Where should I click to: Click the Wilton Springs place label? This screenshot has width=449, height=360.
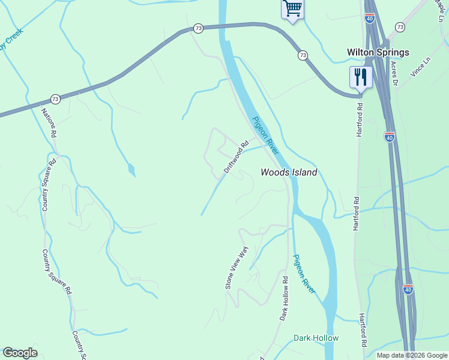coord(378,52)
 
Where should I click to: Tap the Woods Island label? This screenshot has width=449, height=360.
coord(289,172)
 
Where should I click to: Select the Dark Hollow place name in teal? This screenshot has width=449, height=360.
coord(316,338)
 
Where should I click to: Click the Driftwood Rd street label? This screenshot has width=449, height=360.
coord(236,157)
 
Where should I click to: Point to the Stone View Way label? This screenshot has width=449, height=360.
coord(236,268)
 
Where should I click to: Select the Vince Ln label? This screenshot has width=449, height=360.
coord(421,67)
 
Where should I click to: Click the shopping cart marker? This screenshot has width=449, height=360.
coord(292,9)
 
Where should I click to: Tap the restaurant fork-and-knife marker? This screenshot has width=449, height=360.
coord(360,77)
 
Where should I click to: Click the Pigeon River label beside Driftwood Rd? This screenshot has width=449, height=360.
coord(265,134)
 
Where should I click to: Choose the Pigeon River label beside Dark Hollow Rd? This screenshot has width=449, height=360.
coord(304,274)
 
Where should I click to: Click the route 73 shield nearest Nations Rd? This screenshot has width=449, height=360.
coord(55,98)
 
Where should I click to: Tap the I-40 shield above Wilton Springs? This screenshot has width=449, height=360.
coord(369,19)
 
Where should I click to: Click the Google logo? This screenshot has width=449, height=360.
coord(20,353)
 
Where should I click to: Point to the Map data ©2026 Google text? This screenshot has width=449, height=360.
coord(412,355)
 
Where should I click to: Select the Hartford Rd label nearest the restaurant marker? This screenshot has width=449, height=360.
coord(360,120)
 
